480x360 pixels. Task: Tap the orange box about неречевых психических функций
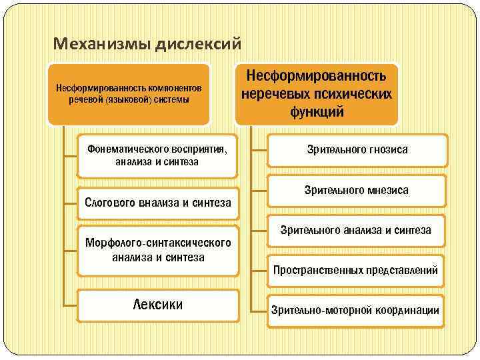[x=317, y=93]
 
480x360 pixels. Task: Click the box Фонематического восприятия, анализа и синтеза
[x=157, y=155]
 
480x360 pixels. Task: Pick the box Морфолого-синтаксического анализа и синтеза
[x=158, y=249]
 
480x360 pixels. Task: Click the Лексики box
[x=158, y=305]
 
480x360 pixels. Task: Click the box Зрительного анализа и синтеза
[x=355, y=231]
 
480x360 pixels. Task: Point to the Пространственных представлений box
[x=355, y=270]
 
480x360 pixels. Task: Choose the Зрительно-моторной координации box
[x=355, y=310]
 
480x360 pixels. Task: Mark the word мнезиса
[x=387, y=190]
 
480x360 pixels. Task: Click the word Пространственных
[x=319, y=270]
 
